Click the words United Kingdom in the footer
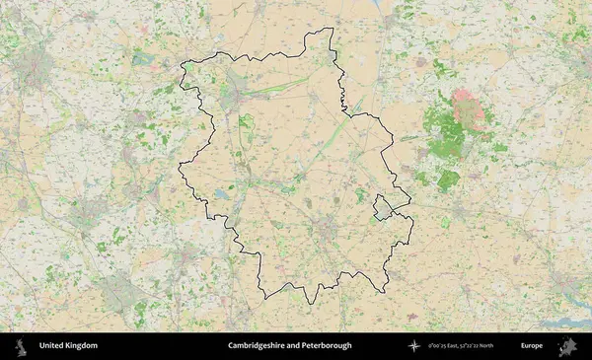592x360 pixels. [x=68, y=346]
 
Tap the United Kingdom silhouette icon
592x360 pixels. [x=19, y=346]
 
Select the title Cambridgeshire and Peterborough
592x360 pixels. [x=289, y=346]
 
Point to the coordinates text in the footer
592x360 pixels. [x=462, y=346]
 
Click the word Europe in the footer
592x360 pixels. [x=532, y=346]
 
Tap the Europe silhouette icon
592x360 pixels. [x=566, y=346]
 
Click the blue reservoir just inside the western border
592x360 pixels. [x=221, y=195]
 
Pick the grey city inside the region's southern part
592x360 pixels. [x=326, y=230]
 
